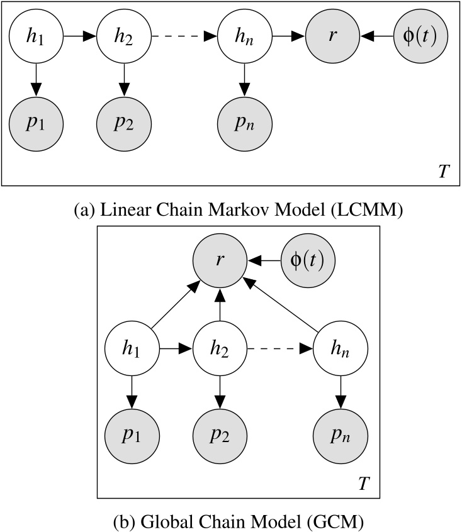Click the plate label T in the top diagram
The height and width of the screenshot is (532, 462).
click(x=443, y=171)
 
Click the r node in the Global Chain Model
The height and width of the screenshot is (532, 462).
click(x=218, y=260)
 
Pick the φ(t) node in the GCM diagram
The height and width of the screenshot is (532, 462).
click(x=307, y=260)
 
